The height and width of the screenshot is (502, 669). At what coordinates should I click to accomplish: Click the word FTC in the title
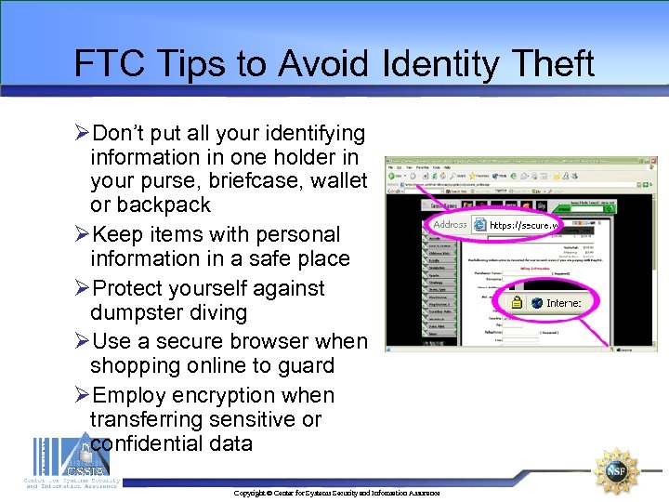tap(104, 63)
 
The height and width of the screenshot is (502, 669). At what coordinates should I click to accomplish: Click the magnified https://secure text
tap(526, 225)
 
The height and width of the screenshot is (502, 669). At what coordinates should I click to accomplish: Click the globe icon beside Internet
tap(536, 303)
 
